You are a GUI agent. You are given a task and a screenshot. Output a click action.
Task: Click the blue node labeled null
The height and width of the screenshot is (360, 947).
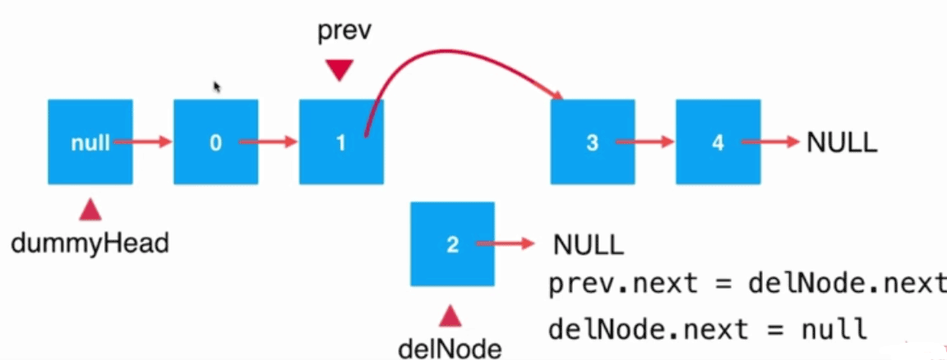[x=90, y=141]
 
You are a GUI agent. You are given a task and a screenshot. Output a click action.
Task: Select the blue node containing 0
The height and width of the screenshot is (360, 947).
[x=215, y=141]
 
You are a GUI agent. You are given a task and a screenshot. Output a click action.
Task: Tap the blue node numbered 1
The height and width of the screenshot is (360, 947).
[x=341, y=141]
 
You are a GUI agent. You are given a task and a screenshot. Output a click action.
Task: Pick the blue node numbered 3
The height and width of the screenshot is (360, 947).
[x=592, y=141]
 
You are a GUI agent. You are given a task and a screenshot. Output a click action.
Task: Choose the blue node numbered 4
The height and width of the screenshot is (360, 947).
[x=718, y=141]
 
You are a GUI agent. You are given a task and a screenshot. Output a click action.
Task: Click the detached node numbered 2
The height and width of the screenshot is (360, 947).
[x=452, y=244]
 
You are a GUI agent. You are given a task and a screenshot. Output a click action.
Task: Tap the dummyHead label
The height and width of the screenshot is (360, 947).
[x=90, y=242]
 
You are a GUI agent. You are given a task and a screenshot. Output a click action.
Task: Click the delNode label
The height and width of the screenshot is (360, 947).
[x=450, y=348]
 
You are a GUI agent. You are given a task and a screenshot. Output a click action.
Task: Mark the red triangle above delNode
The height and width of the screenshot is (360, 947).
[x=450, y=316]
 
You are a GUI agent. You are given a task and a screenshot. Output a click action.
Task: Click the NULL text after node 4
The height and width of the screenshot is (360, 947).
[x=842, y=141]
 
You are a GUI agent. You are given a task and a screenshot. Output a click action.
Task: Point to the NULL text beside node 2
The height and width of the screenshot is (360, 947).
[x=589, y=244]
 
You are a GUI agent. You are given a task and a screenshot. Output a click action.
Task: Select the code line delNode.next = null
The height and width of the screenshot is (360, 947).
[x=707, y=329]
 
